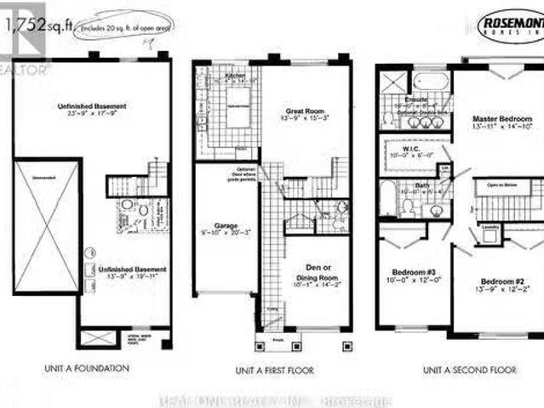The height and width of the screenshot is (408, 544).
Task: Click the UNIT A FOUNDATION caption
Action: pos(89,369)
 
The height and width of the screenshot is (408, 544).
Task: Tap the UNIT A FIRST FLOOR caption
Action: pos(274,371)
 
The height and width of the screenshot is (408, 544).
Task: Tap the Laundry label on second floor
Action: pos(489,227)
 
